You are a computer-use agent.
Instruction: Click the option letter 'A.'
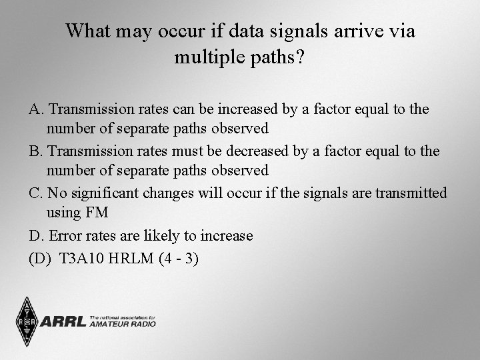pos(37,109)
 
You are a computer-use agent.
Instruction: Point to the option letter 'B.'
pos(37,151)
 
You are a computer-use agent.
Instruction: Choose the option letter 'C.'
pos(37,193)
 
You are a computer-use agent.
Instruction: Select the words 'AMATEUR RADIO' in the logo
pos(123,324)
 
